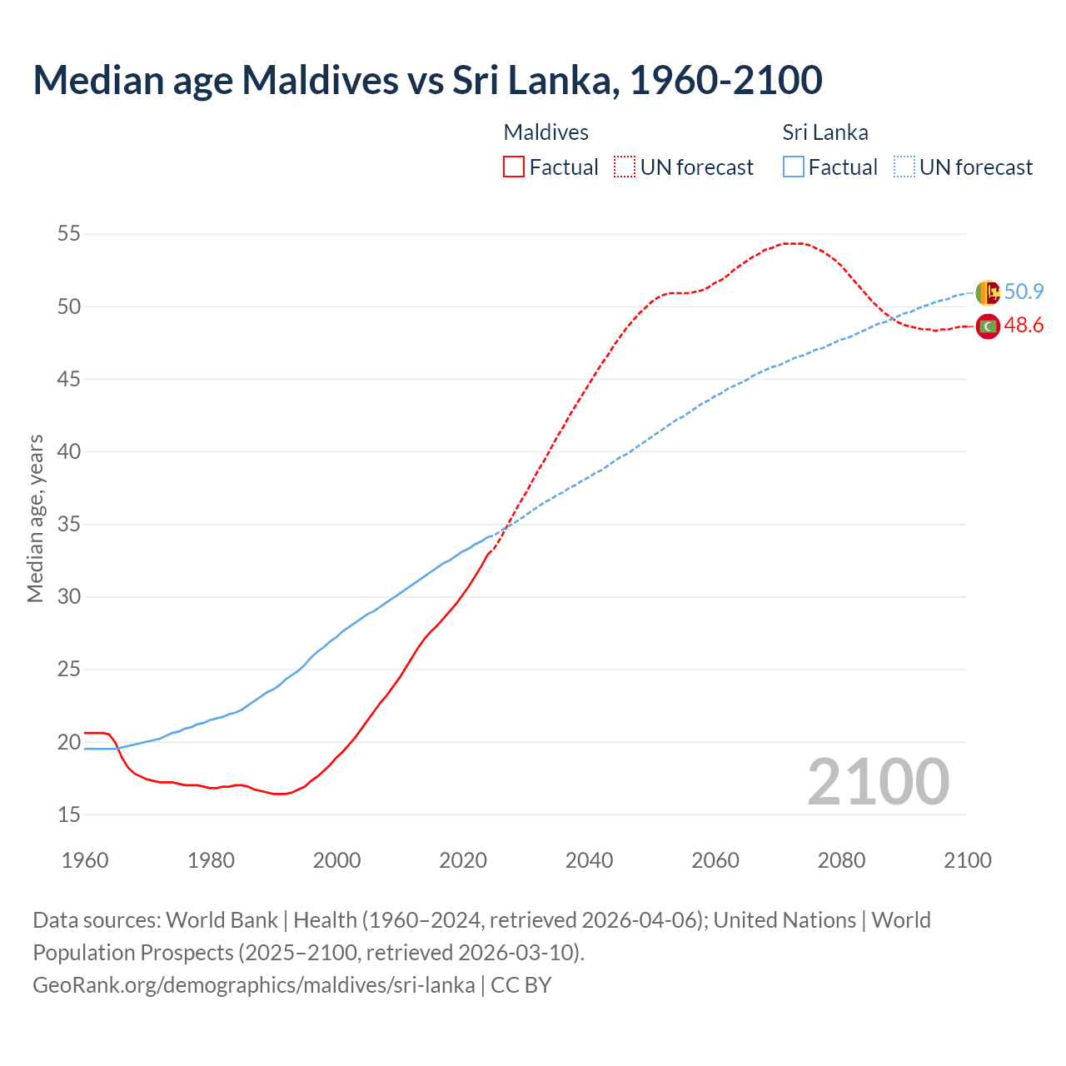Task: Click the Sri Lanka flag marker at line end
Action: [988, 292]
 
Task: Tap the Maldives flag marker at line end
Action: [988, 326]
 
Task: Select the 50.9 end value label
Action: [1024, 291]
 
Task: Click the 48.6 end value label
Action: [1024, 326]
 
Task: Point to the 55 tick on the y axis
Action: [69, 234]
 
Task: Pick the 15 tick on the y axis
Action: [69, 814]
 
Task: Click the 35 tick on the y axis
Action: [69, 525]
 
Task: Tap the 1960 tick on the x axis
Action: [85, 860]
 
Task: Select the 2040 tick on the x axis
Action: [589, 860]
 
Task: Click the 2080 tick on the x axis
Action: [841, 860]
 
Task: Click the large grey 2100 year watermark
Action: [878, 781]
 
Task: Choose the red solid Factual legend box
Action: [514, 167]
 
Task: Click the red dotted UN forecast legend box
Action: [625, 167]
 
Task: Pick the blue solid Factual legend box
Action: [794, 167]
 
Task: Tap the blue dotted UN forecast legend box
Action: [904, 167]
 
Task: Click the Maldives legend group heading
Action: [546, 132]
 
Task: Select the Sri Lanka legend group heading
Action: [825, 132]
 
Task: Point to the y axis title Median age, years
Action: [35, 518]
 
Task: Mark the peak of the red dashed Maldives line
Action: [793, 243]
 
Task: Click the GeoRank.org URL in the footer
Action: [254, 984]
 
